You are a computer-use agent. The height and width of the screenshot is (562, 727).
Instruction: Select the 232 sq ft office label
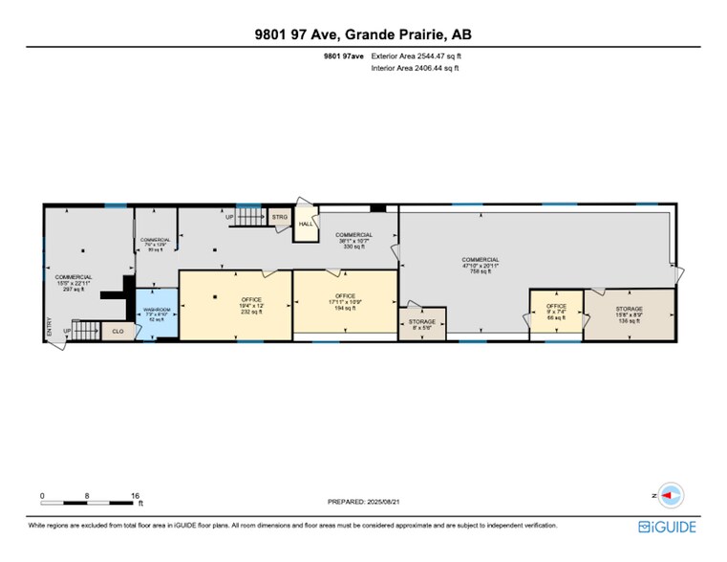(x=225, y=305)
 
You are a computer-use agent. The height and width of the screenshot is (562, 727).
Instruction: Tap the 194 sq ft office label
(x=345, y=302)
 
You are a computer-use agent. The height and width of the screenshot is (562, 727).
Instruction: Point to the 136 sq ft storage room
(x=629, y=314)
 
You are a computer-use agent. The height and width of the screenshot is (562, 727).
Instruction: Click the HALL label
(x=306, y=225)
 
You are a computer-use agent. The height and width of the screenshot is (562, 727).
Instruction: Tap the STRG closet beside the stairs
(x=279, y=218)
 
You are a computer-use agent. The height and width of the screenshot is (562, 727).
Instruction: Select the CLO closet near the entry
(x=118, y=332)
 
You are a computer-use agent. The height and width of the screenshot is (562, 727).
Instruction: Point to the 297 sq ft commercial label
(x=73, y=282)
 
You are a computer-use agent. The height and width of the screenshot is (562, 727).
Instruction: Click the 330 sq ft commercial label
(x=353, y=240)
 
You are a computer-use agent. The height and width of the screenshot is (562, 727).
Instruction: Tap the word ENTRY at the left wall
(x=49, y=327)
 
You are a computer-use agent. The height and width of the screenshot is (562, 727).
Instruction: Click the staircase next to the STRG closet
(x=250, y=218)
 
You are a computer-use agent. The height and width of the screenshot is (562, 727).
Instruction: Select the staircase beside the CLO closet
(x=86, y=332)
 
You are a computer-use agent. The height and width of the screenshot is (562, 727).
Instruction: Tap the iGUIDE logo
(x=668, y=527)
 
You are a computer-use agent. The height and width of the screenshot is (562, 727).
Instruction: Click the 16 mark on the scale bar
(x=136, y=495)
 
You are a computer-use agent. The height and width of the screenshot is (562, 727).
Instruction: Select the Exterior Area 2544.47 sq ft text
(x=421, y=56)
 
